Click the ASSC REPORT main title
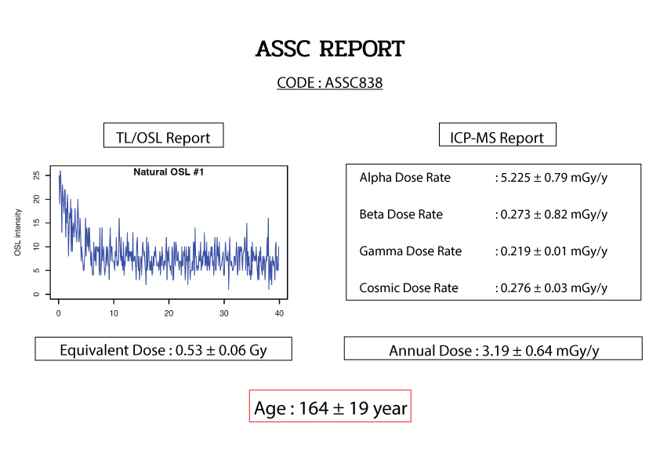[x=330, y=49]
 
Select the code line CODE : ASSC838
[x=329, y=83]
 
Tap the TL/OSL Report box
[x=163, y=135]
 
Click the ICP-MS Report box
[x=498, y=135]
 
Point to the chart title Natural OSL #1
[x=169, y=172]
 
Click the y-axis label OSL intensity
[x=18, y=232]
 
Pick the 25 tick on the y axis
[x=37, y=175]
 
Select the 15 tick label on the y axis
[x=37, y=222]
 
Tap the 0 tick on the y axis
[x=37, y=294]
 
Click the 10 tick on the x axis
[x=114, y=313]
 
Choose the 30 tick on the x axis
[x=224, y=313]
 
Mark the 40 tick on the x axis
[x=279, y=313]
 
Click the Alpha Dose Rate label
[x=405, y=178]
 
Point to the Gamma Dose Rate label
[x=411, y=251]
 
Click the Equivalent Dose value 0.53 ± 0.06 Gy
[x=221, y=350]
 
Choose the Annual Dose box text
[x=494, y=350]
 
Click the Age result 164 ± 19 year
[x=353, y=408]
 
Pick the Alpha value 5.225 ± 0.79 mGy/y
[x=554, y=178]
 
